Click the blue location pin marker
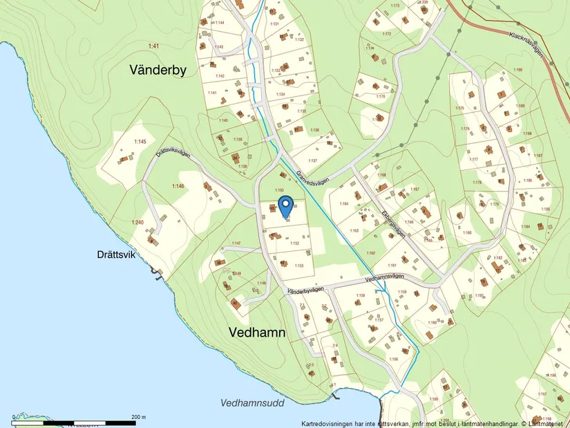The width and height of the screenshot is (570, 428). click(286, 206)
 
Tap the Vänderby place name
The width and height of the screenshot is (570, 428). click(158, 69)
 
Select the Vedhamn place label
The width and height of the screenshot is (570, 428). click(257, 333)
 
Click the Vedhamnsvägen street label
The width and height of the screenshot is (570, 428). click(383, 277)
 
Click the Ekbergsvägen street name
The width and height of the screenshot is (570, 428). click(392, 223)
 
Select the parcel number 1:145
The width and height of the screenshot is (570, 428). click(140, 142)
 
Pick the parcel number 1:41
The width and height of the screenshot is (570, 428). click(153, 46)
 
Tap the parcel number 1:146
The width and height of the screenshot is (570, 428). click(178, 187)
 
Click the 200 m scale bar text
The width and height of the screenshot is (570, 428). click(137, 417)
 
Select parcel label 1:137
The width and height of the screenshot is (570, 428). click(312, 160)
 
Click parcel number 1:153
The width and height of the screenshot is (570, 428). click(299, 266)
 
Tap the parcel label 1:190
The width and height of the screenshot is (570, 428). click(518, 70)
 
